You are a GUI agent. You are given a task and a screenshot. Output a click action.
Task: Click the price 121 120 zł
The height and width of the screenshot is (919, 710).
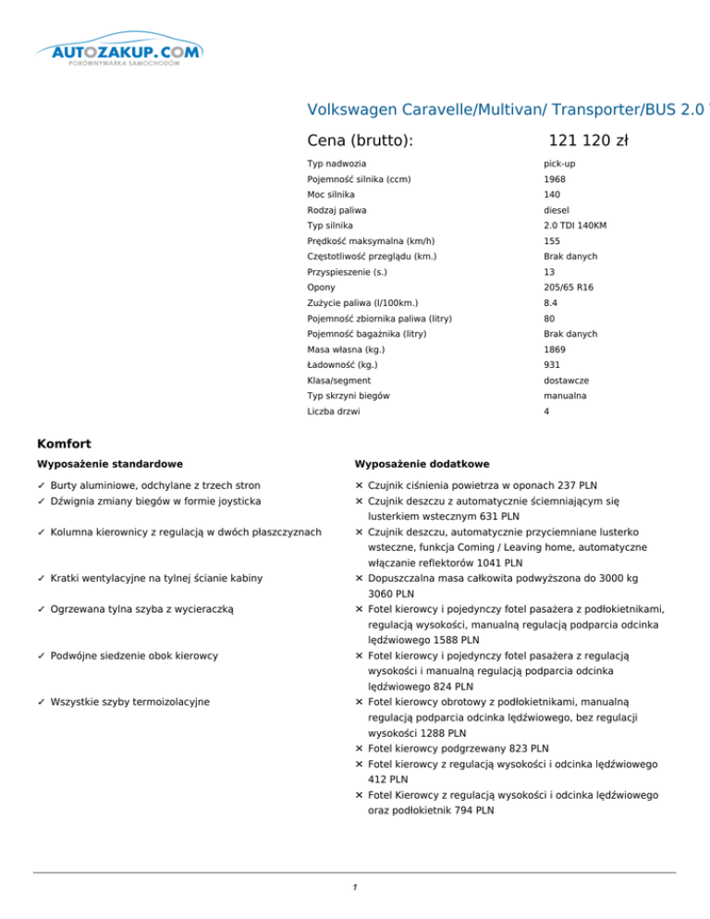click(588, 141)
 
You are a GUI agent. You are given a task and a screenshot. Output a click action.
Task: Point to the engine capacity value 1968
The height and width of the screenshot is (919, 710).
click(556, 179)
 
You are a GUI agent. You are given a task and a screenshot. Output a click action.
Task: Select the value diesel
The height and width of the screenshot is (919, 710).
click(558, 210)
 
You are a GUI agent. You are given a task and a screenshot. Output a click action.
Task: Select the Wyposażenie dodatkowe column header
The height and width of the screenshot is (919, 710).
click(422, 463)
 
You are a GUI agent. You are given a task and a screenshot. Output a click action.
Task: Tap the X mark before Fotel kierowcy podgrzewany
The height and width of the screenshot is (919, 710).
click(358, 748)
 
